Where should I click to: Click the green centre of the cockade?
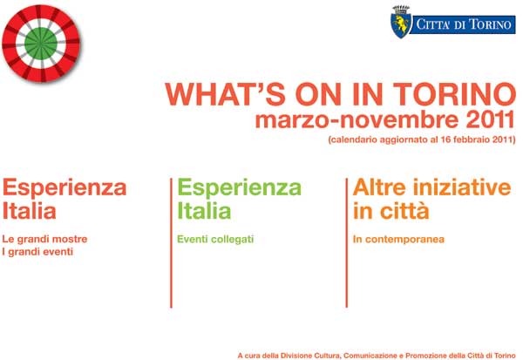pos(41,44)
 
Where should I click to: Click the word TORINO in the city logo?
pos(490,24)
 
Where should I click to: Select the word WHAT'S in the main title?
pos(226,94)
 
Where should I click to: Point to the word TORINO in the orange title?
pos(454,94)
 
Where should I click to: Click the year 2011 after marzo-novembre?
pos(490,120)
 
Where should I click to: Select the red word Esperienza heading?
pos(65,188)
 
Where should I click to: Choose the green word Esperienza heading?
pos(239,188)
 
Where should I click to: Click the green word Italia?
pos(204,211)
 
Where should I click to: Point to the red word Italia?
pos(30,211)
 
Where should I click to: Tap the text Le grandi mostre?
pos(44,239)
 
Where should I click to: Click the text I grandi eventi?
pos(37,252)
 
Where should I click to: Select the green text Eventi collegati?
pos(215,239)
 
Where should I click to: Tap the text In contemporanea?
pos(398,239)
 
